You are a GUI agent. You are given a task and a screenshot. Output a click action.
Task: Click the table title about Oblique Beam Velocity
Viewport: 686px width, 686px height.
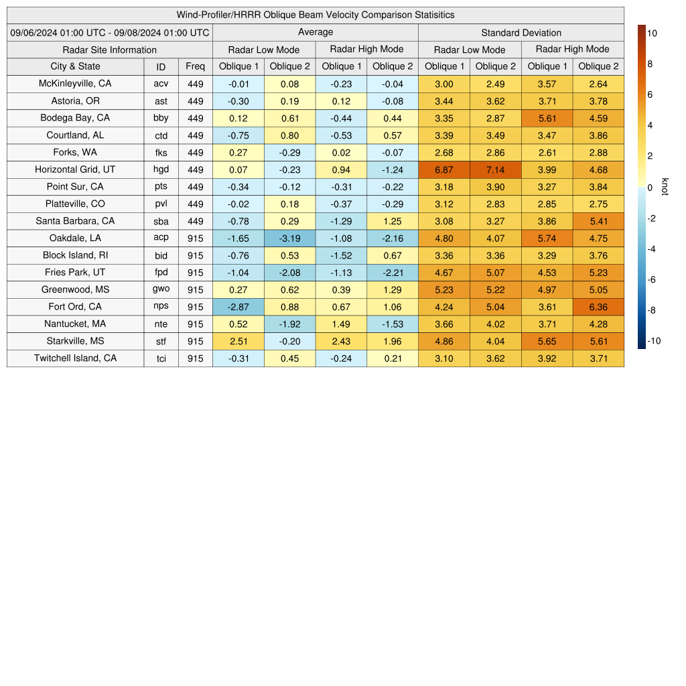click(316, 15)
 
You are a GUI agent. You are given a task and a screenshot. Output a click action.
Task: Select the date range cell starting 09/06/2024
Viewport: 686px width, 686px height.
click(110, 32)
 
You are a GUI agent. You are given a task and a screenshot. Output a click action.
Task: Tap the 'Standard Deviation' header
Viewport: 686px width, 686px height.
click(521, 32)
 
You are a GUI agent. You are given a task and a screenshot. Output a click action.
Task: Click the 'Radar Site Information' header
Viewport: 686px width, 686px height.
click(110, 50)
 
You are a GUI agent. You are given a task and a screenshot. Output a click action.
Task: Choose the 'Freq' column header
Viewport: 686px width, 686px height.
click(196, 66)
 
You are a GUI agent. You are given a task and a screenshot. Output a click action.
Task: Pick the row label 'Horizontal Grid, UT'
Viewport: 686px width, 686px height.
click(75, 169)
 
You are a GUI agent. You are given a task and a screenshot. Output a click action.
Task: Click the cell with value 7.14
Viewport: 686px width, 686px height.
click(496, 169)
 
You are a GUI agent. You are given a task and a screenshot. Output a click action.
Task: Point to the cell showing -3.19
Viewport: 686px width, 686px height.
click(290, 238)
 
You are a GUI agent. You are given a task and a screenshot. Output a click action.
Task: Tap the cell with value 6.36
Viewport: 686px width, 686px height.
click(598, 307)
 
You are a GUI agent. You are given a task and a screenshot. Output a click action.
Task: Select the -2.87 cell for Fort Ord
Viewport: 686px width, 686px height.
click(238, 307)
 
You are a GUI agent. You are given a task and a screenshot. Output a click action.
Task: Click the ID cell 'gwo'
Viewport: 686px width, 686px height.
click(161, 289)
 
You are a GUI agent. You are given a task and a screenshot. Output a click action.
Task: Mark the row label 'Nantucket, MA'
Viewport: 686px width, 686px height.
click(75, 324)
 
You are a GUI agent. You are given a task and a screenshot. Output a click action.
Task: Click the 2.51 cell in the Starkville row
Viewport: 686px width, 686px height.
click(238, 341)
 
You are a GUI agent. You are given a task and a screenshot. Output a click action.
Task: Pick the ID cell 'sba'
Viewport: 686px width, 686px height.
click(161, 220)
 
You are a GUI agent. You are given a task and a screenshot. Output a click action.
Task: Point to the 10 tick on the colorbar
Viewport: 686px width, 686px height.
click(650, 32)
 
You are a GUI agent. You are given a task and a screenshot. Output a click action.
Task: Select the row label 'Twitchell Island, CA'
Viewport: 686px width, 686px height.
click(75, 358)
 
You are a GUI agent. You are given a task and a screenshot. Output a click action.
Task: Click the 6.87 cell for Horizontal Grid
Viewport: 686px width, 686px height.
click(444, 169)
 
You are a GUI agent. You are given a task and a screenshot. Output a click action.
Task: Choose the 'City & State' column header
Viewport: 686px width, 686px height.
click(75, 66)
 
